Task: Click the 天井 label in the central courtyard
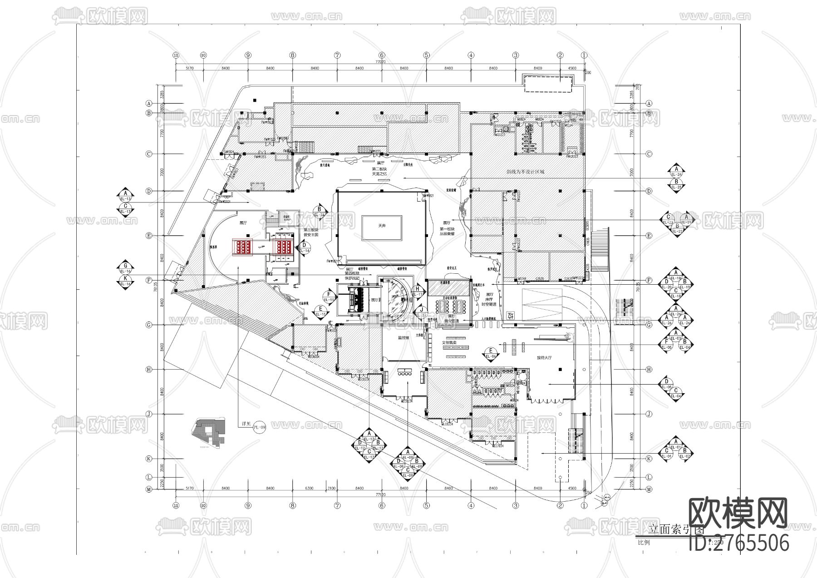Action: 381,226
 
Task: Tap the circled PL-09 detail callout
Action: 259,427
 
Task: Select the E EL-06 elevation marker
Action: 490,353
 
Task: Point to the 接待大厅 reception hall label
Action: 544,358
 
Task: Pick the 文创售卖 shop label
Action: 450,342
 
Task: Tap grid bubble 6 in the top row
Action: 382,55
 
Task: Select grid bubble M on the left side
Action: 148,489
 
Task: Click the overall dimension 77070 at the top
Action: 380,62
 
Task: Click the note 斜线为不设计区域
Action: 525,172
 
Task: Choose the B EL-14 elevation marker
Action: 319,212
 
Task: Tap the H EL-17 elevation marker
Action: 418,291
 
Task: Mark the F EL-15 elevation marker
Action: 328,297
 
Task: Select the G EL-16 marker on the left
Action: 126,268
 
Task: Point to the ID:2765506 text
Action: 739,543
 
